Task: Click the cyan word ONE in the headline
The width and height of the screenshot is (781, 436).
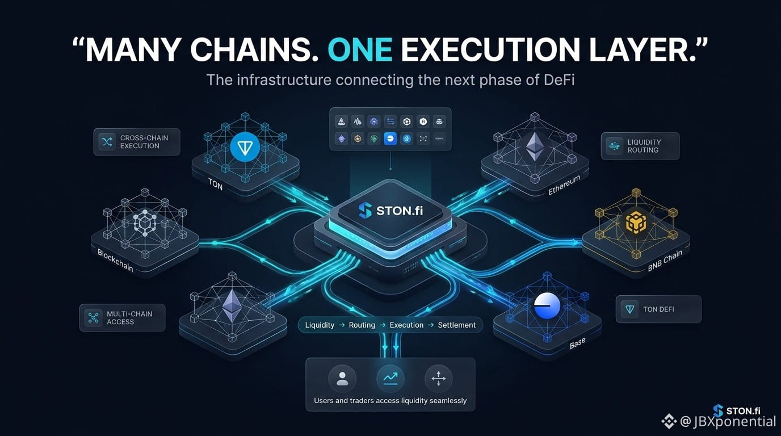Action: click(360, 50)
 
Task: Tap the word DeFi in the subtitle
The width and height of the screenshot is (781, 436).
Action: click(559, 80)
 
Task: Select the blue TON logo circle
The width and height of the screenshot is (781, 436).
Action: click(245, 147)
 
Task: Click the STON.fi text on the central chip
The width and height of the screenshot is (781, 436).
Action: click(400, 211)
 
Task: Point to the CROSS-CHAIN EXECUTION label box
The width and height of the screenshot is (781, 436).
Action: click(137, 142)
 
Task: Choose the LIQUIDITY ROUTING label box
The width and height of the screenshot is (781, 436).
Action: click(640, 146)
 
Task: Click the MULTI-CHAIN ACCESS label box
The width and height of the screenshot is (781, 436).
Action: click(123, 318)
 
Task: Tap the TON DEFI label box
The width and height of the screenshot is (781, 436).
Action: click(658, 309)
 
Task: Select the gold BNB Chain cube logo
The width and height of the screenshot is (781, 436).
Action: click(636, 222)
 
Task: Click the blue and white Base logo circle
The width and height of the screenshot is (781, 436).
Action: click(547, 306)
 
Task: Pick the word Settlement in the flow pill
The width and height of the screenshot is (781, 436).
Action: click(457, 325)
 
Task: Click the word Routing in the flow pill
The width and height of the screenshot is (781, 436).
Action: click(362, 325)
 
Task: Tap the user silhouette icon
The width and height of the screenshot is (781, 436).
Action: click(342, 379)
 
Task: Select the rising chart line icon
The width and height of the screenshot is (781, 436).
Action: click(390, 379)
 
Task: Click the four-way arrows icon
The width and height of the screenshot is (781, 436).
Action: click(439, 379)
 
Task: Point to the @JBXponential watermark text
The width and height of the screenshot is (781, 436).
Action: click(728, 422)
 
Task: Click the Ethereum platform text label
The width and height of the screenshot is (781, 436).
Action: click(564, 185)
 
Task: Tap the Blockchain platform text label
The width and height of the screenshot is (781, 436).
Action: click(115, 261)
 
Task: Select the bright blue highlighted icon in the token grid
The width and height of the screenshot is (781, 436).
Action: click(390, 139)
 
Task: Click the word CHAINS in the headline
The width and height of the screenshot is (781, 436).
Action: click(254, 50)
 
